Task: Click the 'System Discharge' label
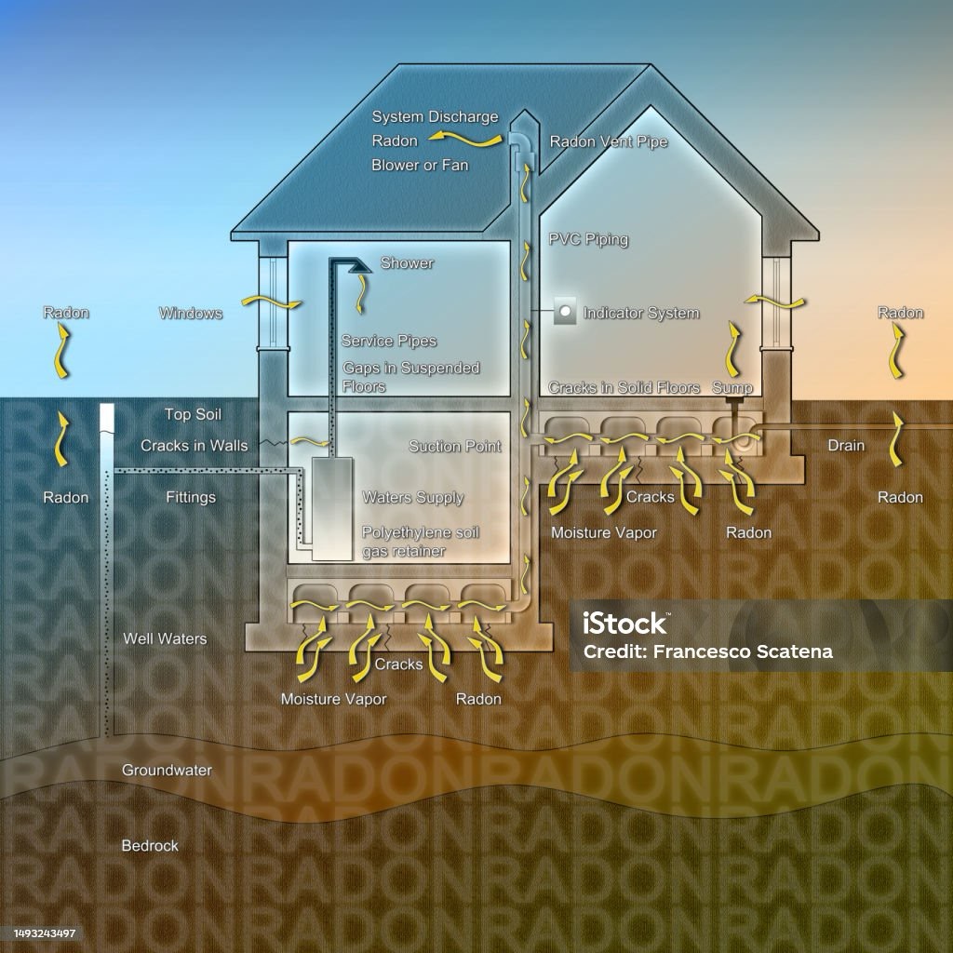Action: coord(435,117)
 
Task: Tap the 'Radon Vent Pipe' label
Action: coord(608,142)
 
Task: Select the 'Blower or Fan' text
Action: coord(420,166)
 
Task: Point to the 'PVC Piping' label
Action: coord(588,239)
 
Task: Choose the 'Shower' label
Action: coord(407,263)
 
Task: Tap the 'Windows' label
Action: coord(191,314)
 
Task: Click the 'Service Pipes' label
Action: coord(388,342)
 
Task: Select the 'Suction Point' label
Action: coord(455,447)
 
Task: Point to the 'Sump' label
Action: coord(732,387)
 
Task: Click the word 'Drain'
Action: coord(846,446)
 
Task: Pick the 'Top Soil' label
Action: coord(193,414)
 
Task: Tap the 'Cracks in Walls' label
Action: coord(195,446)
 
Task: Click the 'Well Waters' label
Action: coord(165,639)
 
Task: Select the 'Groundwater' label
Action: coord(167,771)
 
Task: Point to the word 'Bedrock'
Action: coord(150,846)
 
